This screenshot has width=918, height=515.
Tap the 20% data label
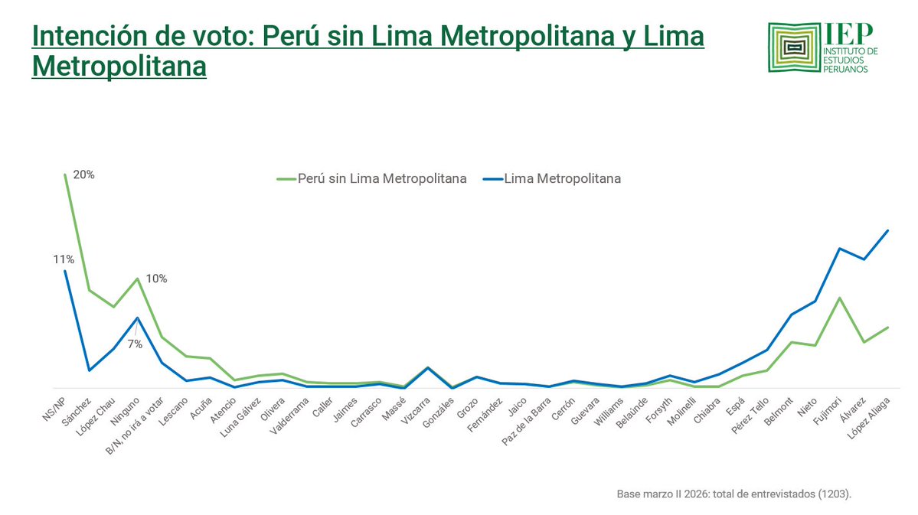(83, 174)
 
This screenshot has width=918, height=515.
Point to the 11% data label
(63, 259)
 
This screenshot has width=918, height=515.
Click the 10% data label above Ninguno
(156, 279)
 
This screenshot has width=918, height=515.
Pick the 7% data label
(135, 344)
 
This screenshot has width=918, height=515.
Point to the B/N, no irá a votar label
(142, 422)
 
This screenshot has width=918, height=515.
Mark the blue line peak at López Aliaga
(887, 230)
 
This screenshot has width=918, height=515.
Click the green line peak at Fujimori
(840, 298)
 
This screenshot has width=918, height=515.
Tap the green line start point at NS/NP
(65, 174)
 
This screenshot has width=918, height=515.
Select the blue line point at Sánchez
(90, 370)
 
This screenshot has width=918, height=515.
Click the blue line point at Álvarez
(864, 259)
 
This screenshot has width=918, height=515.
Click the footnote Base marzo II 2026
(733, 494)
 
